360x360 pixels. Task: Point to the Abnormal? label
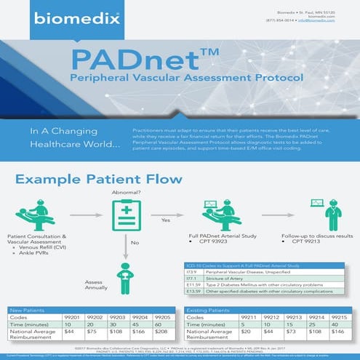tap(124, 192)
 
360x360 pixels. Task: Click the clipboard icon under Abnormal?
tap(125, 216)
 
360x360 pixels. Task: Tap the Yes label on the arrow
tap(165, 219)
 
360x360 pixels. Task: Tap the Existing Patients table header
tap(204, 311)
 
